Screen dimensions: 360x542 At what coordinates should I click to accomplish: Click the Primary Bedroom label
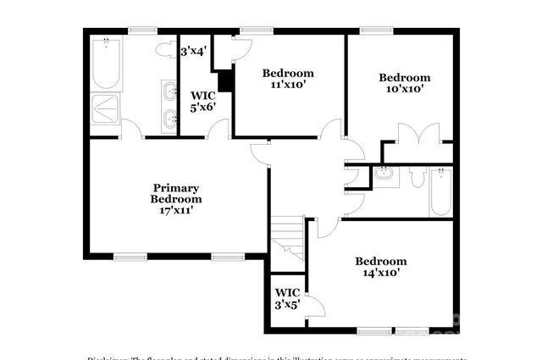click(x=176, y=193)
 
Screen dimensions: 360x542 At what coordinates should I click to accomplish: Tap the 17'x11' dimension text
click(x=176, y=211)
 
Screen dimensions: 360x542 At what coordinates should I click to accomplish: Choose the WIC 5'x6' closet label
click(x=203, y=102)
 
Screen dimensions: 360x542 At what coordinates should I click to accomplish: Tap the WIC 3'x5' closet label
click(x=286, y=299)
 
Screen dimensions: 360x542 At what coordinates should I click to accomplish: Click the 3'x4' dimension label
click(x=194, y=51)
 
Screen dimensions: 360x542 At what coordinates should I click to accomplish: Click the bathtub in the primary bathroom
click(x=107, y=63)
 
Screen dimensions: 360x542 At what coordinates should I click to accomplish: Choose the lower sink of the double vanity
click(x=169, y=118)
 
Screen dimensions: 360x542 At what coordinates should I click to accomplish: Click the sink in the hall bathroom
click(x=384, y=175)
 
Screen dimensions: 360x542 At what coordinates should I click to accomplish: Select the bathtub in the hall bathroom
click(x=440, y=192)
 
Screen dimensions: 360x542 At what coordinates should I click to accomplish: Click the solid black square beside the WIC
click(x=225, y=81)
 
